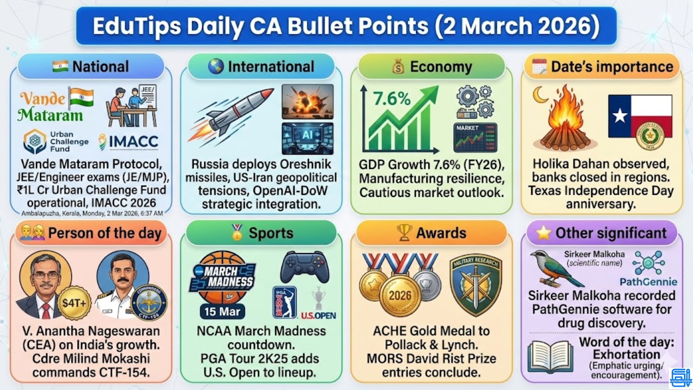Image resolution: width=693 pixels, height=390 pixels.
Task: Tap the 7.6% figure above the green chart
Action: [392, 99]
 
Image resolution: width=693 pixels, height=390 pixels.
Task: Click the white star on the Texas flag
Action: [620, 116]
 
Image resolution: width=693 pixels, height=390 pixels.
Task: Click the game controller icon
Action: [305, 267]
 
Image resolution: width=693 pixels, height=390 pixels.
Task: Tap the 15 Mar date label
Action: [222, 311]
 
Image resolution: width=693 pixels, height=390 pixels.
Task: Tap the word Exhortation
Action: [626, 354]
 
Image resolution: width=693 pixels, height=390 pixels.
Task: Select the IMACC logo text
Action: [134, 142]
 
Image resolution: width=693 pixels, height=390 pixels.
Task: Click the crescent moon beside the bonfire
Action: [540, 95]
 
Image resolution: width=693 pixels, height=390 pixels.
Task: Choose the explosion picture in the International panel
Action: [308, 101]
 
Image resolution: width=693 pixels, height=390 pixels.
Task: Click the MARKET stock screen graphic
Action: [475, 138]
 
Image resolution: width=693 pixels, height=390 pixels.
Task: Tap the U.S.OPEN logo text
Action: [318, 316]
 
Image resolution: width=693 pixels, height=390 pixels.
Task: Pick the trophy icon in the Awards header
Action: [404, 233]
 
